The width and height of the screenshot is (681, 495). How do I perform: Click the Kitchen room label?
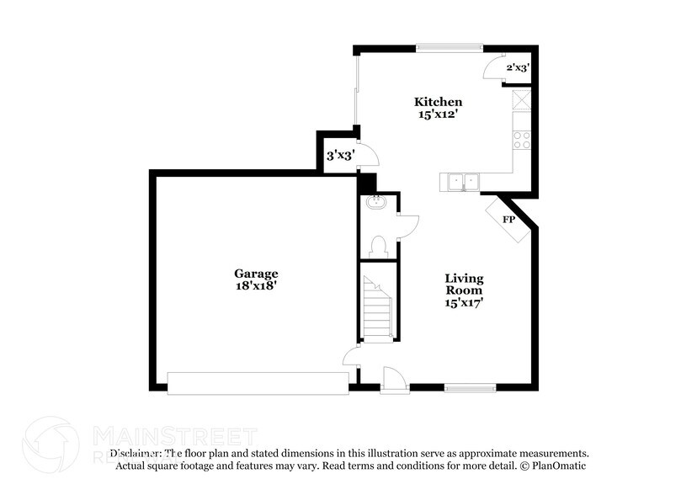pyautogui.click(x=437, y=102)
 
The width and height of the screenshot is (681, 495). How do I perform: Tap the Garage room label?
pyautogui.click(x=256, y=274)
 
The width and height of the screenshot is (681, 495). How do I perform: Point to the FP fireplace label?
pyautogui.click(x=508, y=220)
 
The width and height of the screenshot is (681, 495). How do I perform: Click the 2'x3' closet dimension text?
pyautogui.click(x=517, y=67)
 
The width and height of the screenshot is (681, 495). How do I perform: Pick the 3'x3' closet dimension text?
pyautogui.click(x=339, y=155)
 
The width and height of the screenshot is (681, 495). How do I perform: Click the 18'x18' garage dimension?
pyautogui.click(x=256, y=286)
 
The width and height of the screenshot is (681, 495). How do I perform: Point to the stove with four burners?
pyautogui.click(x=523, y=140)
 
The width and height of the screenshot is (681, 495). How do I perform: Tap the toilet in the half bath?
pyautogui.click(x=378, y=245)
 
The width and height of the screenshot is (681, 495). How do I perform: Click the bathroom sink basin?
pyautogui.click(x=375, y=202)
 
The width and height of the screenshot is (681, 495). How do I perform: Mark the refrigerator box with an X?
pyautogui.click(x=523, y=100)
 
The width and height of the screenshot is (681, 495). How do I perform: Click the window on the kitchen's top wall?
pyautogui.click(x=444, y=47)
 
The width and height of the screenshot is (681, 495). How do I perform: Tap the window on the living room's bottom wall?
pyautogui.click(x=469, y=387)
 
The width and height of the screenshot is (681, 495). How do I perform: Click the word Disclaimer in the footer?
pyautogui.click(x=135, y=453)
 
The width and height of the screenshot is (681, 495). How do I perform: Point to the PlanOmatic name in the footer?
pyautogui.click(x=556, y=466)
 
